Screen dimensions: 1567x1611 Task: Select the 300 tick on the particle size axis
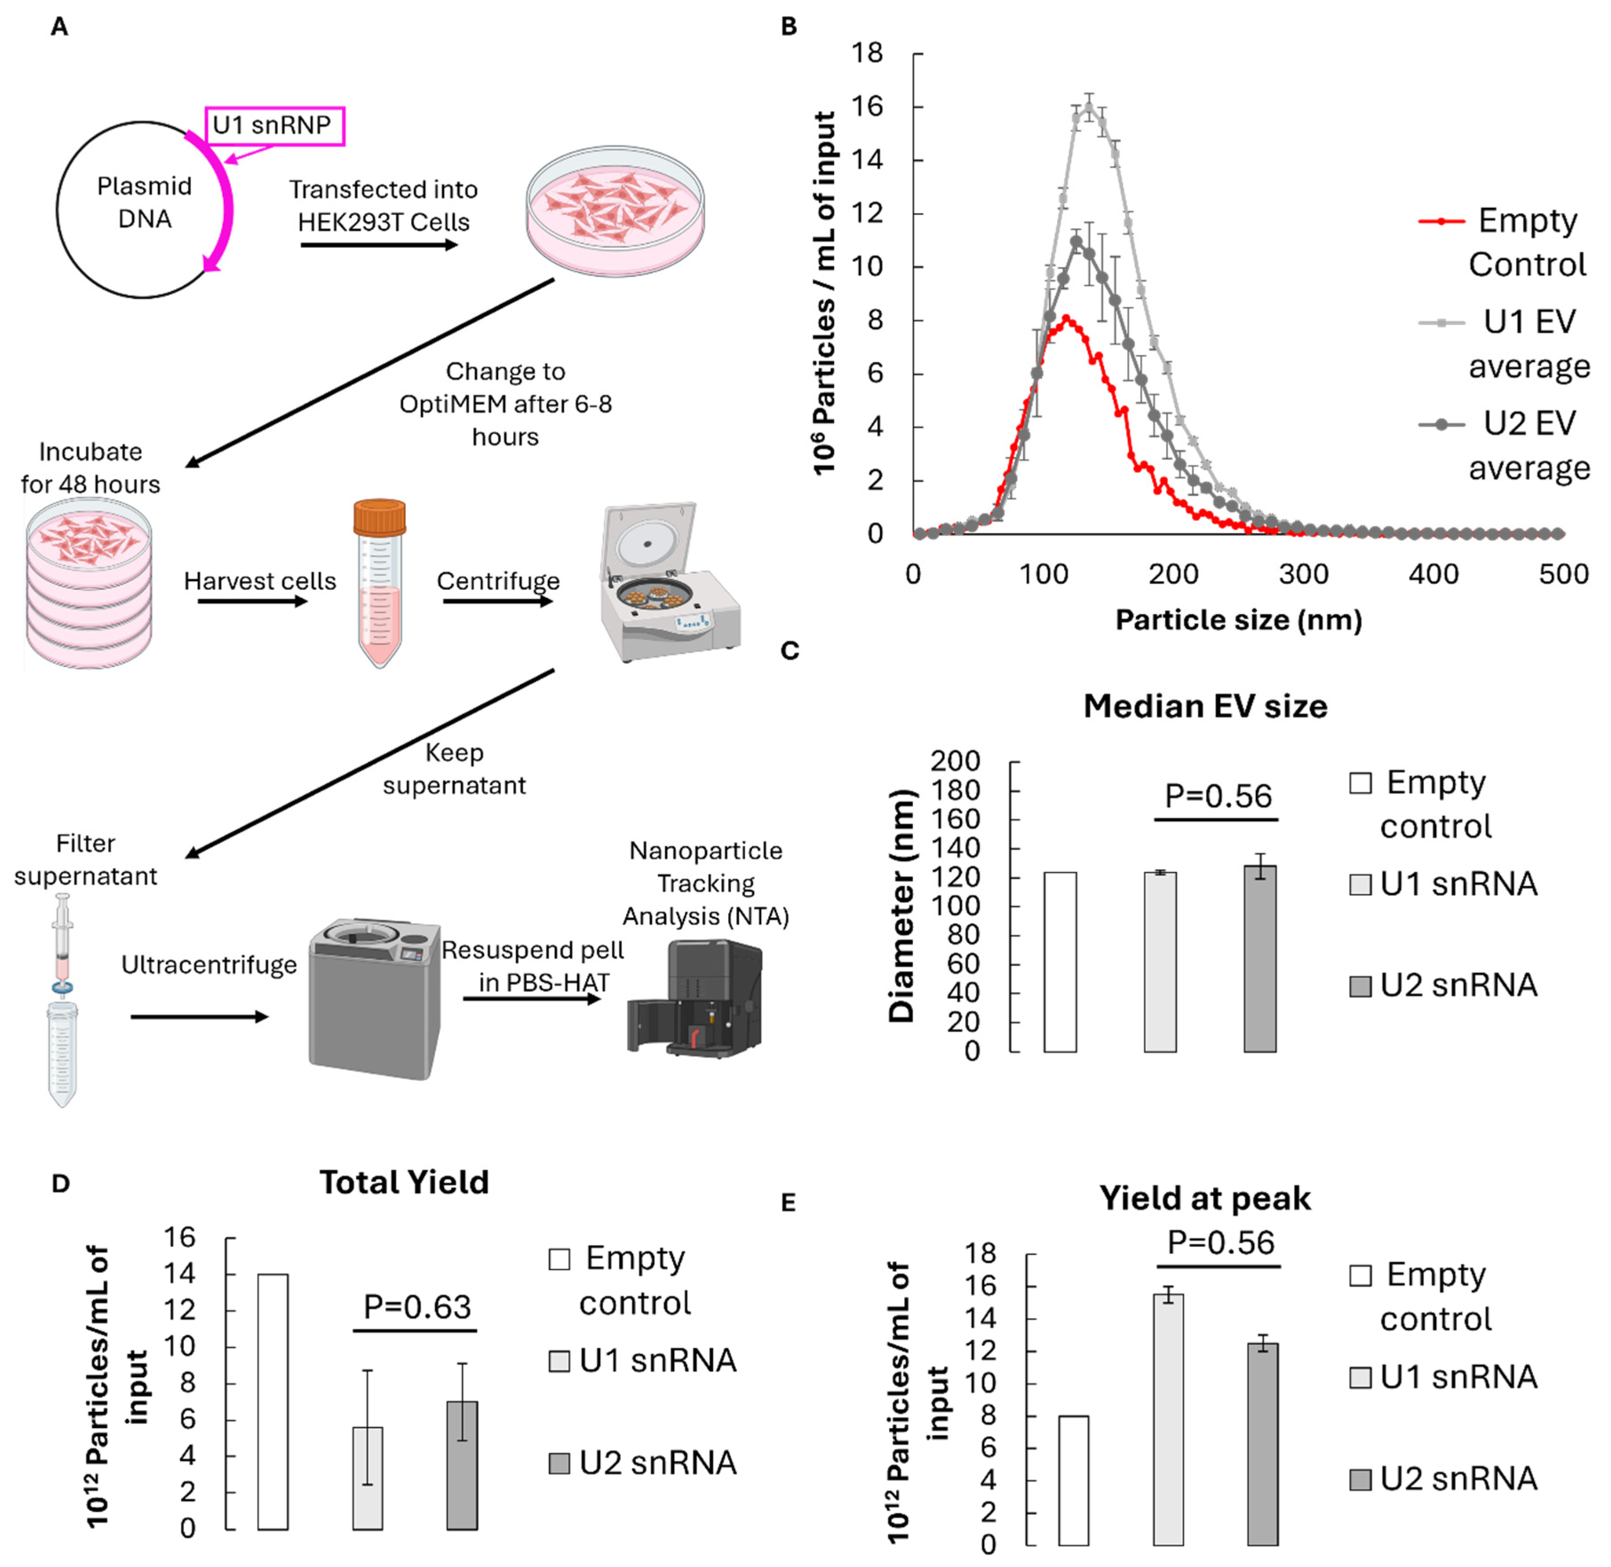point(1303,574)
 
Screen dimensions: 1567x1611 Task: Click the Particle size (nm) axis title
point(1237,620)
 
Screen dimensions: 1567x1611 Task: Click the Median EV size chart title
point(1204,706)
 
